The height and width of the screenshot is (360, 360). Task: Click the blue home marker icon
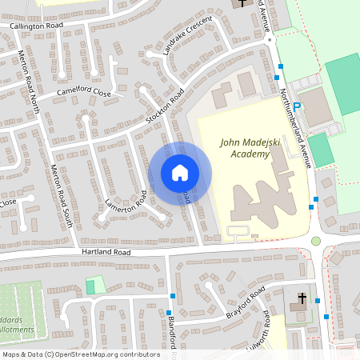tap(180, 172)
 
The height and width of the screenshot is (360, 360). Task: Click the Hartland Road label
tap(106, 252)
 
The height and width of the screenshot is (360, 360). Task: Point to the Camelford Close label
tap(83, 94)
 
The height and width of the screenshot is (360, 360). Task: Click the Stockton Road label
tap(166, 108)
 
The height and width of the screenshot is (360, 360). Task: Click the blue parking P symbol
tap(297, 106)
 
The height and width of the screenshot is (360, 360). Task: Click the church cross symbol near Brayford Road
tap(302, 300)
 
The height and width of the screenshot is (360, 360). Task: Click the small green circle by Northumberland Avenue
tap(316, 240)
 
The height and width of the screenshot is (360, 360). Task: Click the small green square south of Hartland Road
tap(95, 284)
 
